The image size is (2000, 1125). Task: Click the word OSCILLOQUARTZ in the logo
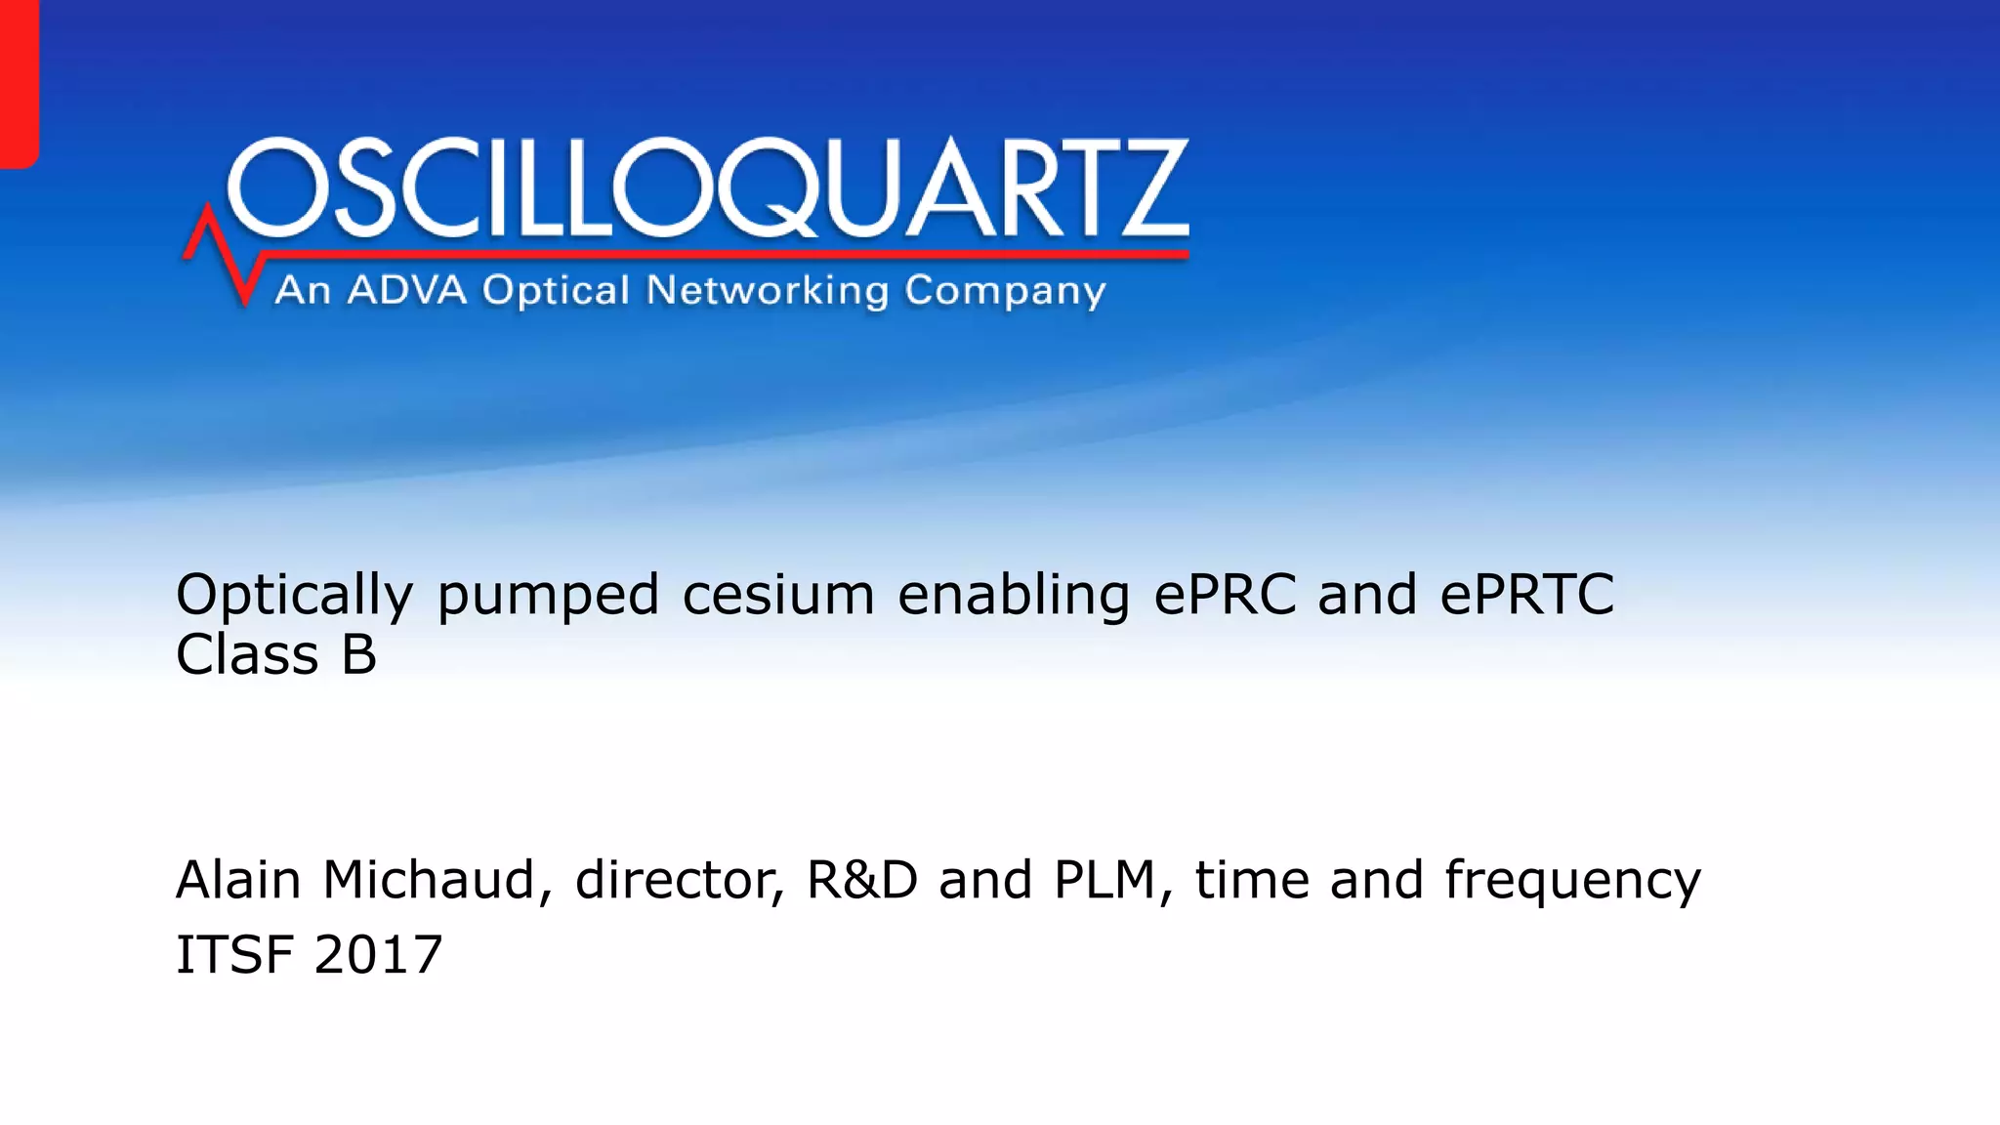[708, 187]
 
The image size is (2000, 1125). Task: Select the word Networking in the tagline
[768, 291]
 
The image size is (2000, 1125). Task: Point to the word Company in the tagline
[1005, 291]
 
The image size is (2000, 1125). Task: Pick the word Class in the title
[247, 654]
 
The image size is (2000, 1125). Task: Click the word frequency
[1572, 881]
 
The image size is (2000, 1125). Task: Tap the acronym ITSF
[234, 954]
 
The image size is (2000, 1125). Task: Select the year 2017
[379, 954]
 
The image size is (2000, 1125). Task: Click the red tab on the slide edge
[18, 83]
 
